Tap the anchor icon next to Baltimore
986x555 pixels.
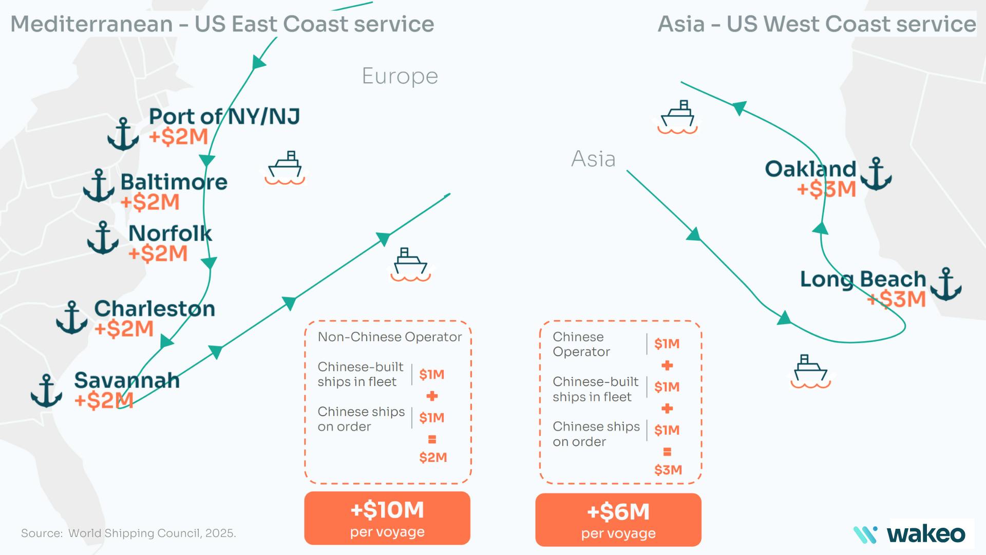99,186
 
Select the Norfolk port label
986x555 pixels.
170,234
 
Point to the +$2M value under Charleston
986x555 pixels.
124,329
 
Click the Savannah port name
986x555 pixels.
127,381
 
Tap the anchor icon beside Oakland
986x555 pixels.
876,174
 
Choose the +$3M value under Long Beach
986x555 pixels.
897,299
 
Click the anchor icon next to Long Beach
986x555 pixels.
945,284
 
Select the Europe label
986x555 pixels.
400,77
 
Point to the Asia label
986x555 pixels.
593,159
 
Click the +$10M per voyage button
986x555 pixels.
387,518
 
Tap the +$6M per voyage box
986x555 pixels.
618,520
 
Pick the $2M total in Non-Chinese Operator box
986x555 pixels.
433,457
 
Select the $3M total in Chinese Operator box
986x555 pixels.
668,470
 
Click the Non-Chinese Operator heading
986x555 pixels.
390,337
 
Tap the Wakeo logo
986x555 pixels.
910,534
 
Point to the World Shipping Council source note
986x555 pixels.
128,533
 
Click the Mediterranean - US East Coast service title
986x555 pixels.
222,24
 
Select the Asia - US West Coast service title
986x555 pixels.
817,24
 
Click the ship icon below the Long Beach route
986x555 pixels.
810,371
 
